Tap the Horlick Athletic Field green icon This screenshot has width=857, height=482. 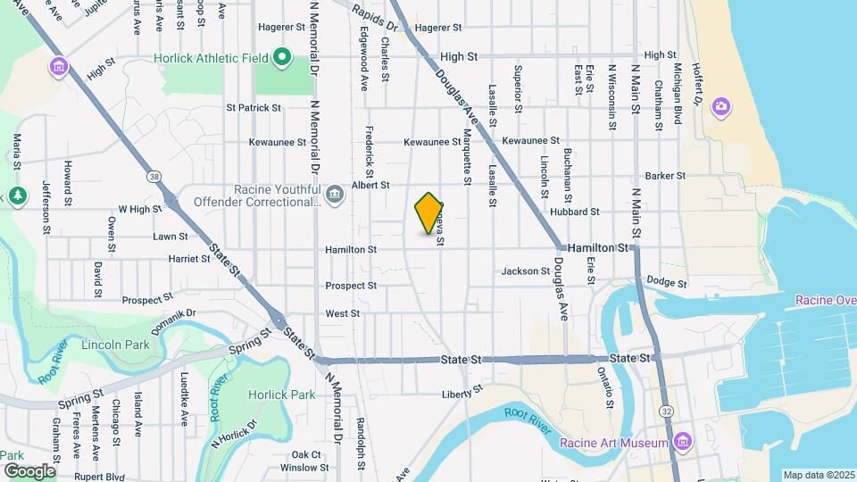click(x=282, y=60)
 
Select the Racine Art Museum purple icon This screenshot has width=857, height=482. click(x=683, y=441)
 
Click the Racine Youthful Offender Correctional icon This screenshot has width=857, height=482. click(x=334, y=194)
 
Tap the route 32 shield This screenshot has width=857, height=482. click(x=667, y=411)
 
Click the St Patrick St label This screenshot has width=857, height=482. click(x=254, y=108)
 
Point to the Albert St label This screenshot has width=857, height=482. click(x=371, y=185)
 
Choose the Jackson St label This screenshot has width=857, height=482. click(x=526, y=270)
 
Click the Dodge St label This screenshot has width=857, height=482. click(x=666, y=282)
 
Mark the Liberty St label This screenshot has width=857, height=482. click(x=462, y=392)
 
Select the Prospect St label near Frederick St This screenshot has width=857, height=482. click(x=351, y=286)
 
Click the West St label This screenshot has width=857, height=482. click(x=343, y=313)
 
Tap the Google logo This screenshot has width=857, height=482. click(x=29, y=470)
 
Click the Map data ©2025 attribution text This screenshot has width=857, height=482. click(x=818, y=475)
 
